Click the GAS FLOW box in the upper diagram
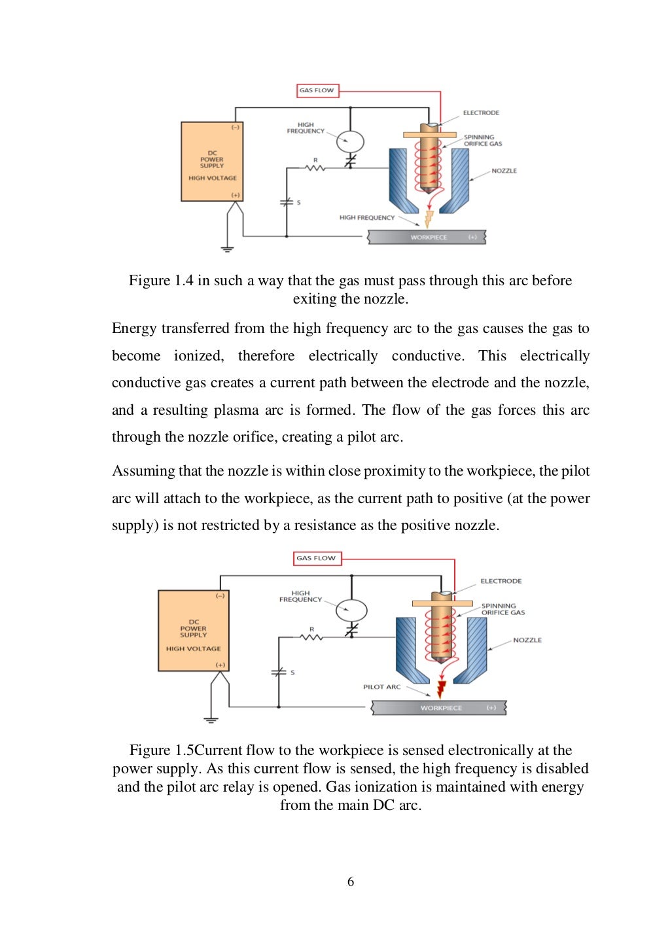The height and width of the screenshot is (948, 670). [x=317, y=90]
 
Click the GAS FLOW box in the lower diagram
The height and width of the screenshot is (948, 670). [x=317, y=558]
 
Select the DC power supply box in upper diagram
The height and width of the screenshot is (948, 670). [x=212, y=162]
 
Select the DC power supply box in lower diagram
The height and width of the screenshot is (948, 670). [x=194, y=631]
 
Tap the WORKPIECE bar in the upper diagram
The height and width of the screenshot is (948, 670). [x=427, y=237]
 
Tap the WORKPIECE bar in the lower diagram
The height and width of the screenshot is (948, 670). [x=439, y=708]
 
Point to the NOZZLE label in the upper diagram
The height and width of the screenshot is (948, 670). [x=504, y=171]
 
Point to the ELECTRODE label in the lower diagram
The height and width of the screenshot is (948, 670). [x=501, y=581]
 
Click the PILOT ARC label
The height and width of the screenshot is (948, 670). [x=381, y=687]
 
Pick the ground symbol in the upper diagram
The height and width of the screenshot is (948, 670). [x=227, y=249]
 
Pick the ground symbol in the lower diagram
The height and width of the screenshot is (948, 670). [x=211, y=719]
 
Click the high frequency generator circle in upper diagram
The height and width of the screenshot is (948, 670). [x=350, y=141]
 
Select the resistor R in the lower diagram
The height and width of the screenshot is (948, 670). [x=311, y=637]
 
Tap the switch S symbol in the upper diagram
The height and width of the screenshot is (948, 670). [x=287, y=203]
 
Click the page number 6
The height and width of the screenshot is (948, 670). [x=351, y=882]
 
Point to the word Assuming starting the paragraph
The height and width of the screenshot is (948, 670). [x=143, y=471]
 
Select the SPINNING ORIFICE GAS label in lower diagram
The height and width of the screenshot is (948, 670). [x=502, y=609]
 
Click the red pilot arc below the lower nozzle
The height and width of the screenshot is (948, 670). [x=441, y=688]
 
